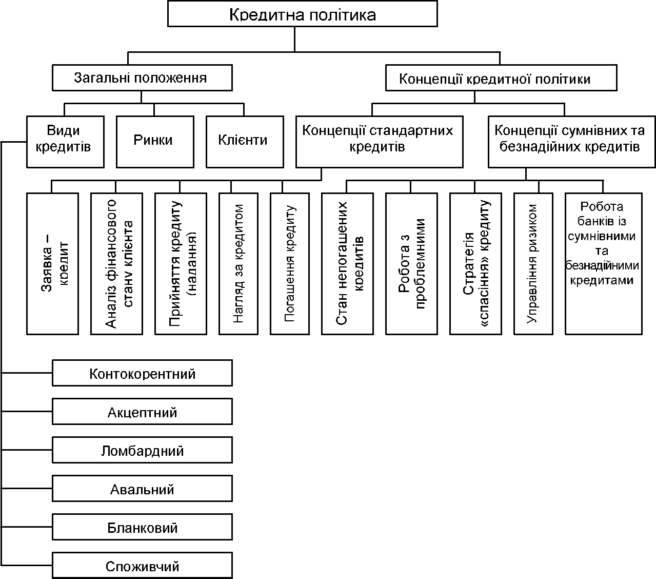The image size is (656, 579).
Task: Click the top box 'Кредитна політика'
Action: (x=303, y=14)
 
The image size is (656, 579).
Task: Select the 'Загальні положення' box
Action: (x=142, y=78)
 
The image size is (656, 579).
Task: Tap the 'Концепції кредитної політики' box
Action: (x=501, y=78)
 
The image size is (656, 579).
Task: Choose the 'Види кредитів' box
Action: (x=66, y=142)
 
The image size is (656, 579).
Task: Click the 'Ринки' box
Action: (x=155, y=142)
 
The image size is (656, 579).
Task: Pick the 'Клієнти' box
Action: (x=245, y=142)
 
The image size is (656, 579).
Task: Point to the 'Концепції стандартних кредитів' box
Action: (x=380, y=142)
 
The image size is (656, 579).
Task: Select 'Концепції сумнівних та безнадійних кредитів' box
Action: (x=572, y=142)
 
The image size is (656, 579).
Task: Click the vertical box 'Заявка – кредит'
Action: (x=52, y=264)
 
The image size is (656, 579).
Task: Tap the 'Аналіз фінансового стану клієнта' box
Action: (x=116, y=264)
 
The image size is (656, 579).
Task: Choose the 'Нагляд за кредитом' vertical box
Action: (x=238, y=264)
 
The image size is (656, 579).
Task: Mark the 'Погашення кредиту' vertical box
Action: (x=290, y=264)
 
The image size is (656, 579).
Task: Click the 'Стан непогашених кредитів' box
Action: (x=347, y=264)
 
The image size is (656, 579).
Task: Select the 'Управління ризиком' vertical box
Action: (x=533, y=264)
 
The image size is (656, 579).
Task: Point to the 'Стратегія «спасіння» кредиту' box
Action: (x=475, y=264)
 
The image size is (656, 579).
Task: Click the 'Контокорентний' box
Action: (x=142, y=373)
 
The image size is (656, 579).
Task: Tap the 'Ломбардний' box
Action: (x=142, y=450)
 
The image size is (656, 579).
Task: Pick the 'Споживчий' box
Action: (x=142, y=565)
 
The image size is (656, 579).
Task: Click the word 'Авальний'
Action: (x=142, y=489)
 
